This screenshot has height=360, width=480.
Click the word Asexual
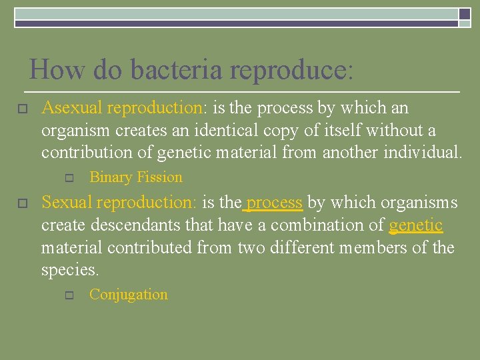(71, 108)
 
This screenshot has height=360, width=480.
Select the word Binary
(111, 177)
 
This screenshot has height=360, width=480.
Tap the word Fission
(159, 177)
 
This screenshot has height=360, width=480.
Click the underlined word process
(275, 202)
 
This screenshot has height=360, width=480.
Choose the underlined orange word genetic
(415, 225)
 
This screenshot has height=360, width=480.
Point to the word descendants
(134, 225)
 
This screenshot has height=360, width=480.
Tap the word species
(69, 271)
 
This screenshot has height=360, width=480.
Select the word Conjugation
(128, 295)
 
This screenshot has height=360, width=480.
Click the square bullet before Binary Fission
(68, 178)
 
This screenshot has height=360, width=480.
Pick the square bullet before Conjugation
(68, 295)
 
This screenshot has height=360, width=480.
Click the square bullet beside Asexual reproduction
(21, 109)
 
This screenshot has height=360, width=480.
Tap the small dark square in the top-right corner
(464, 13)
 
